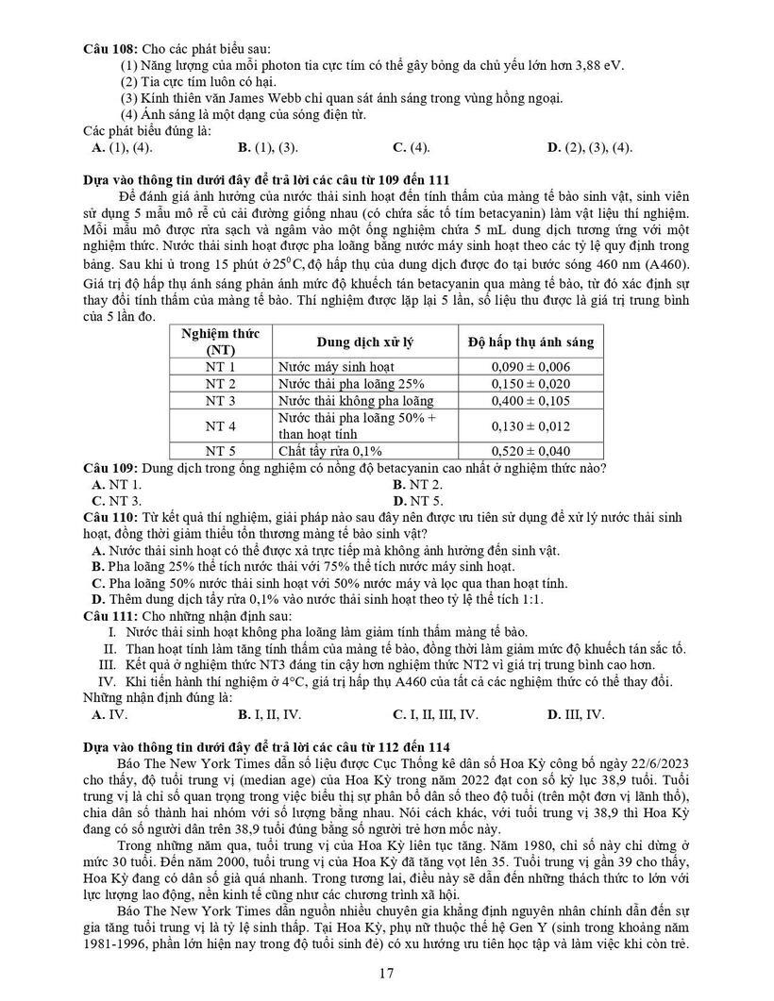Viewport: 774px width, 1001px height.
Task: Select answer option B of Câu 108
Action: (x=269, y=147)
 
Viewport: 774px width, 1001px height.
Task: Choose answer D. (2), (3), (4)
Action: (x=590, y=147)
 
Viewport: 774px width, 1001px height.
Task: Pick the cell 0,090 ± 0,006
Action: (x=530, y=366)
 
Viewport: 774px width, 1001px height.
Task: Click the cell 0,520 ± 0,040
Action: (x=530, y=451)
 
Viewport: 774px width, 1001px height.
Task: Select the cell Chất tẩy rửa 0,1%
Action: (x=329, y=451)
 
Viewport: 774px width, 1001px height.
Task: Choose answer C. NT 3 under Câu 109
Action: (x=117, y=500)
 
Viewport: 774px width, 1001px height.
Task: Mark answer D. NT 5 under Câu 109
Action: (x=418, y=500)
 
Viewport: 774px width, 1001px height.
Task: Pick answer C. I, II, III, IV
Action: (x=435, y=714)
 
